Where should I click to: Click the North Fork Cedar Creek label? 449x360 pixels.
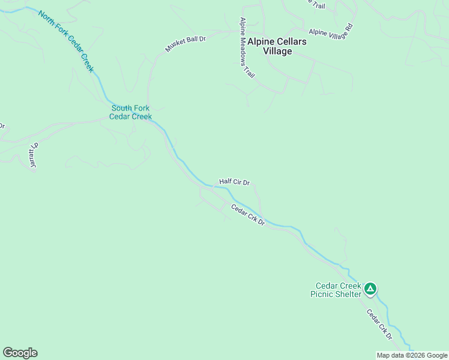pos(66,41)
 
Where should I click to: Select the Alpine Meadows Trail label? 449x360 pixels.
pos(247,48)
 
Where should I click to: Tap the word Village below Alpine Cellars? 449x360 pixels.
pos(278,51)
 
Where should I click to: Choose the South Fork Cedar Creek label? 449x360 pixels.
pos(130,112)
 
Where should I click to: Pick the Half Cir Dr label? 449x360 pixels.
pos(234,181)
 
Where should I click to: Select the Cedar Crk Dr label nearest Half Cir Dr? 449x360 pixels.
pos(249,214)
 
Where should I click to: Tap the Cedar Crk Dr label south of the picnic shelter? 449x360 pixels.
pos(379,324)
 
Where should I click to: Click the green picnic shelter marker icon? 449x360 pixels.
pos(371,289)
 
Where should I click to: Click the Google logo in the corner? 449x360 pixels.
pos(20,353)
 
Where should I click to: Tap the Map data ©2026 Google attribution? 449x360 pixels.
pos(412,355)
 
